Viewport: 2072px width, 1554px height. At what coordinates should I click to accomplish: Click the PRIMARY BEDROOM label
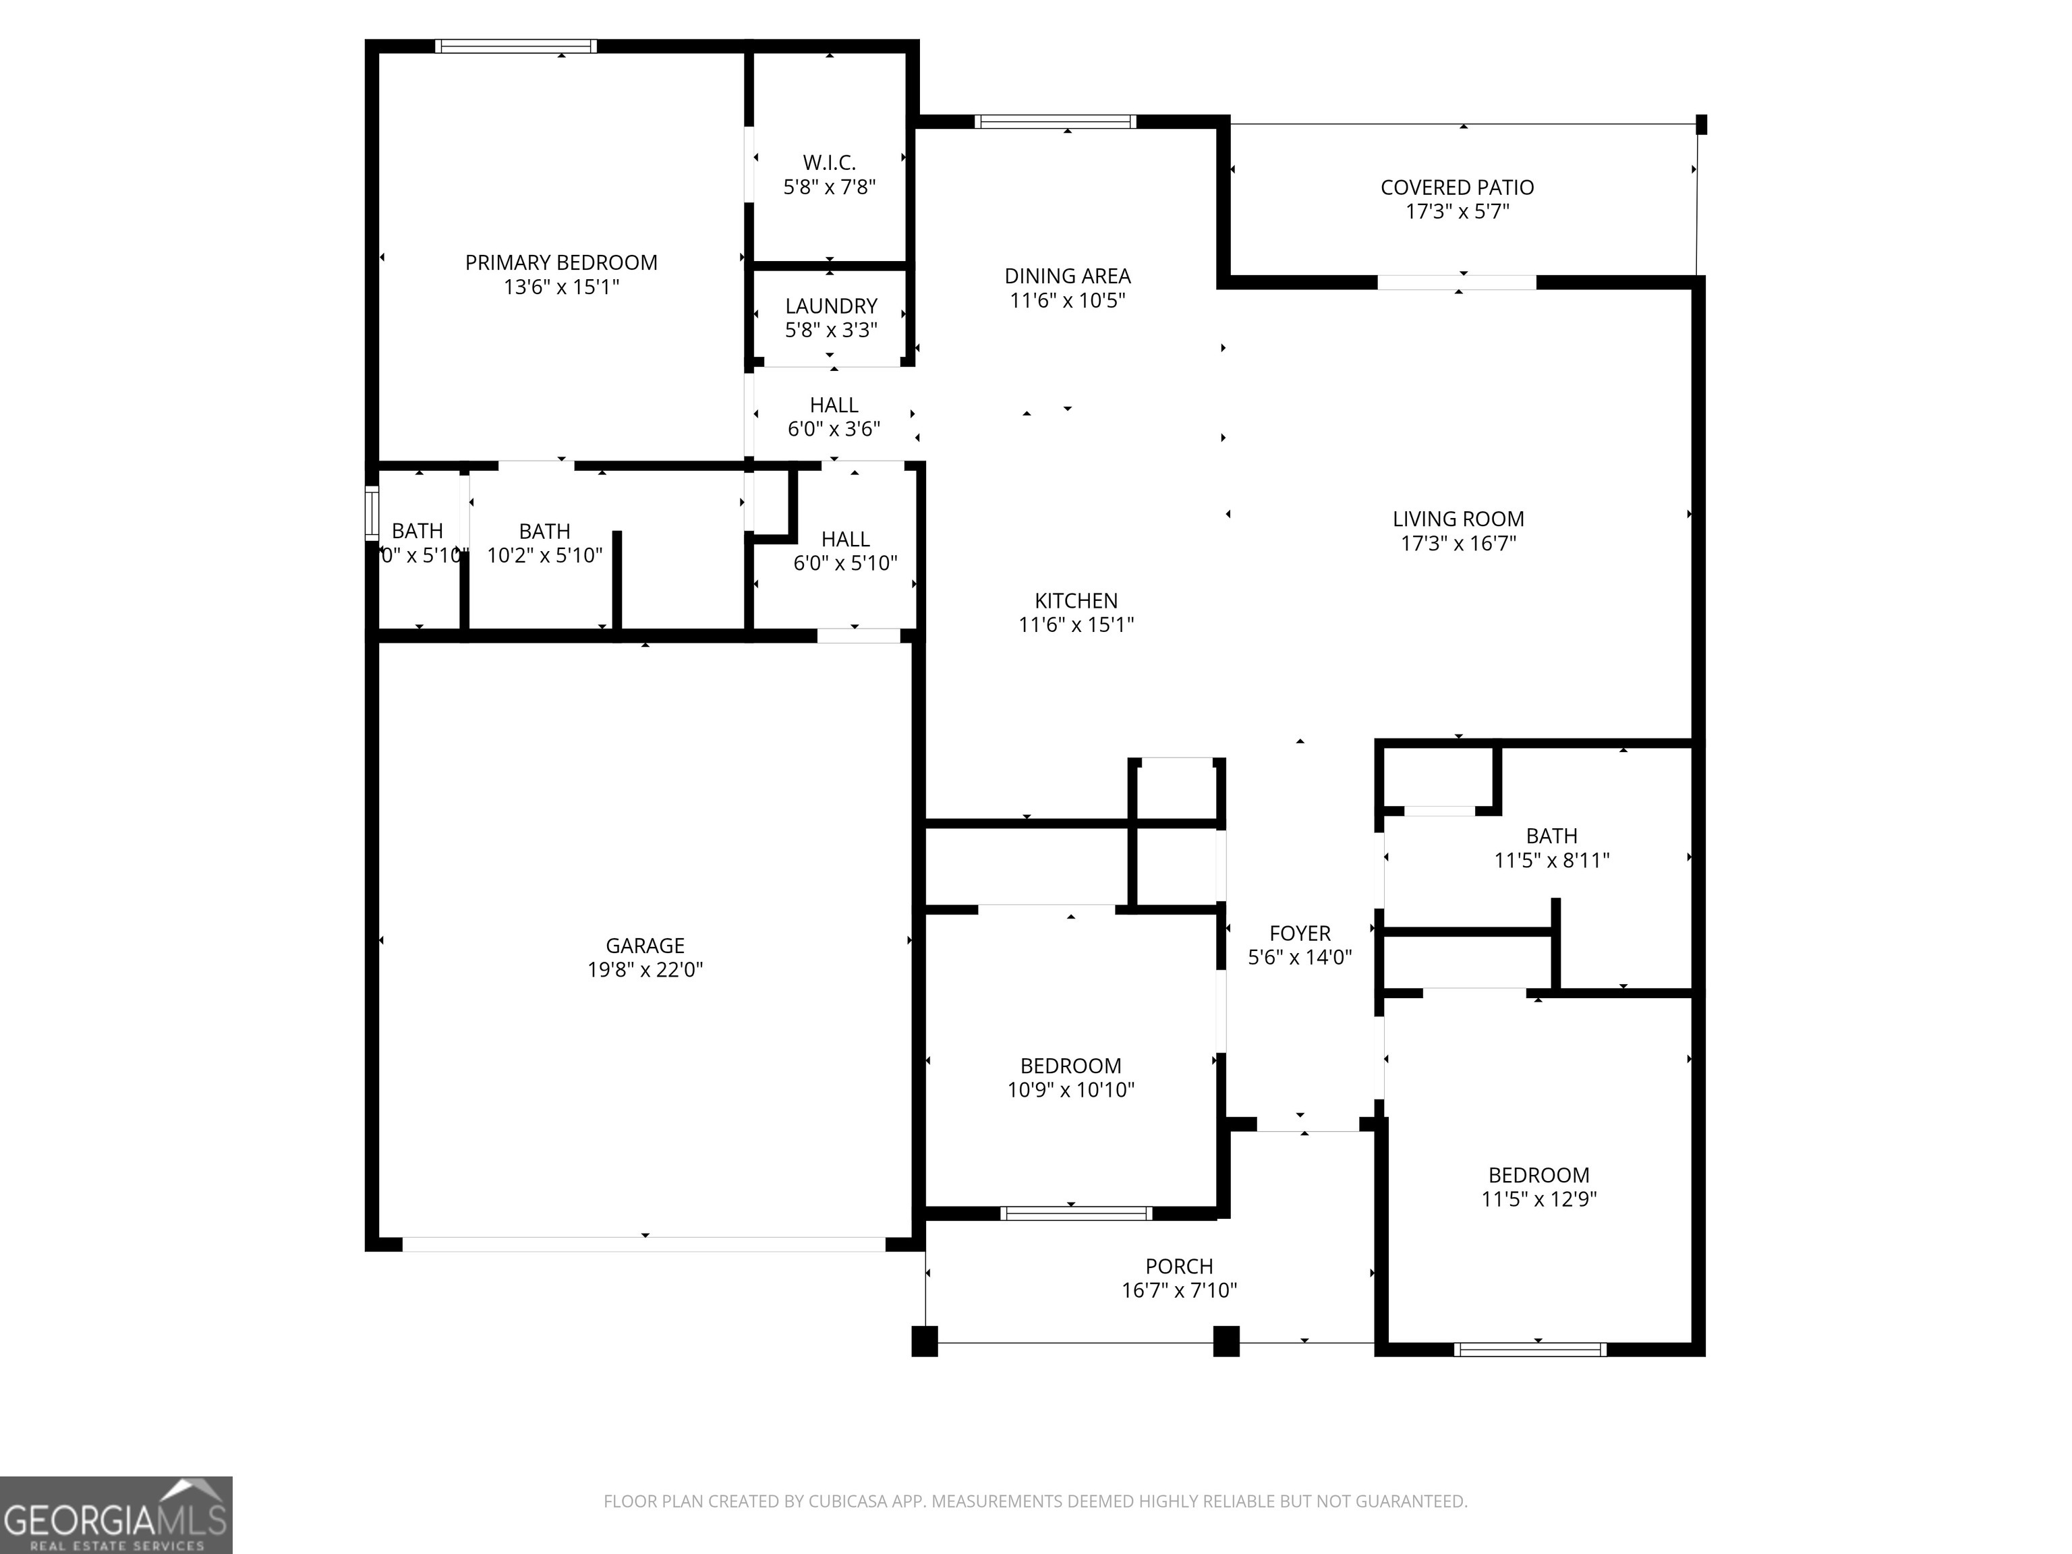[x=561, y=262]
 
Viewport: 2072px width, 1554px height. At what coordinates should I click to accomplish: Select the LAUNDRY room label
[x=831, y=306]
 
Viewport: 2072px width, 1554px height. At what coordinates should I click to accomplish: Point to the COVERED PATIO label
[x=1457, y=188]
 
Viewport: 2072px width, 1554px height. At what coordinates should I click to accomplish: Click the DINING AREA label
[x=1067, y=277]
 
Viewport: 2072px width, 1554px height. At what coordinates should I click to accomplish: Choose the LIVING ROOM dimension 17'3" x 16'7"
[x=1458, y=543]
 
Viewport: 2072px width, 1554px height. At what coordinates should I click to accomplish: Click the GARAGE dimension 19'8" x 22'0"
[x=644, y=969]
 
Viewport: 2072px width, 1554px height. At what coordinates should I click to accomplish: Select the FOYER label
[x=1299, y=933]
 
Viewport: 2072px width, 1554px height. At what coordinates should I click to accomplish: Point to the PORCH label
[x=1178, y=1267]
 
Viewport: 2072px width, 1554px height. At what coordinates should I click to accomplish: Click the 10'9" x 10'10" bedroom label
[x=1070, y=1066]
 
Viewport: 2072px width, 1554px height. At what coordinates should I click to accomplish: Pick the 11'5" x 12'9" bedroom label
[x=1538, y=1176]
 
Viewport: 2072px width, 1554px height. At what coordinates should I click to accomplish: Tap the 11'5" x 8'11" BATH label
[x=1551, y=836]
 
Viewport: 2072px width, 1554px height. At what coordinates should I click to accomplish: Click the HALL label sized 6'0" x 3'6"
[x=834, y=405]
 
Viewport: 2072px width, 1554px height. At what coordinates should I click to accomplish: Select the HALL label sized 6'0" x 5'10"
[x=845, y=540]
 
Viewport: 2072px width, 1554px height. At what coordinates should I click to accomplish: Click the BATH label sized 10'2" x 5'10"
[x=544, y=531]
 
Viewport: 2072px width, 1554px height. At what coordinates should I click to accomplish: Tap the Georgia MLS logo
[x=115, y=1515]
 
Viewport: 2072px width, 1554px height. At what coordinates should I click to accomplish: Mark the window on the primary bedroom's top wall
[x=515, y=46]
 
